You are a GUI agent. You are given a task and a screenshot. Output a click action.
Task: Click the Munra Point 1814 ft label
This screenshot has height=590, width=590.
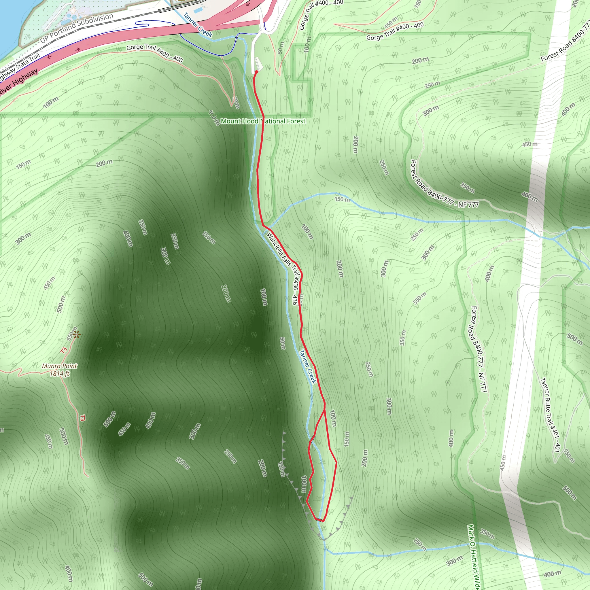click(60, 370)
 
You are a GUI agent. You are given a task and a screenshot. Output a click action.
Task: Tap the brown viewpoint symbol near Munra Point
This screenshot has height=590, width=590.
click(76, 334)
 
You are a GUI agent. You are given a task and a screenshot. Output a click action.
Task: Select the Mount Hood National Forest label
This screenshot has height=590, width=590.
click(263, 121)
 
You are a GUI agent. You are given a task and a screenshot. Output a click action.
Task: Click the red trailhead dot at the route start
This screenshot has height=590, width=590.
click(256, 72)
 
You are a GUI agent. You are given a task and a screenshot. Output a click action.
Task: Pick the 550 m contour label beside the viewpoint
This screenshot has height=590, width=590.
click(71, 334)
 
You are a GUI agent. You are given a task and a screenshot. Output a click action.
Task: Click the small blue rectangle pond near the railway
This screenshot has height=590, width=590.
click(198, 10)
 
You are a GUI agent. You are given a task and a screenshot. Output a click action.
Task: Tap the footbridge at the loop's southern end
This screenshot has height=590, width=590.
click(319, 519)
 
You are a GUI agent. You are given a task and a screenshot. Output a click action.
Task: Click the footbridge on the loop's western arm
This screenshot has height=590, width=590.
click(312, 439)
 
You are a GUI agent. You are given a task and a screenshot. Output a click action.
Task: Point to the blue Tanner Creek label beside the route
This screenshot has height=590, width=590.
click(307, 366)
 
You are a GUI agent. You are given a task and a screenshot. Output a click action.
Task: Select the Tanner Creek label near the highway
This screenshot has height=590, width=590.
click(198, 25)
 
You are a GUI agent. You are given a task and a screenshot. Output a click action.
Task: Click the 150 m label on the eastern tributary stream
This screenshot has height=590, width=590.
click(342, 199)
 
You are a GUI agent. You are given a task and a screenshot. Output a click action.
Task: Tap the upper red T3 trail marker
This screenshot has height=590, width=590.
click(63, 350)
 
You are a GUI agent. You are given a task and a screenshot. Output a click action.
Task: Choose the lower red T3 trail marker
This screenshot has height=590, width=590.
click(82, 418)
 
